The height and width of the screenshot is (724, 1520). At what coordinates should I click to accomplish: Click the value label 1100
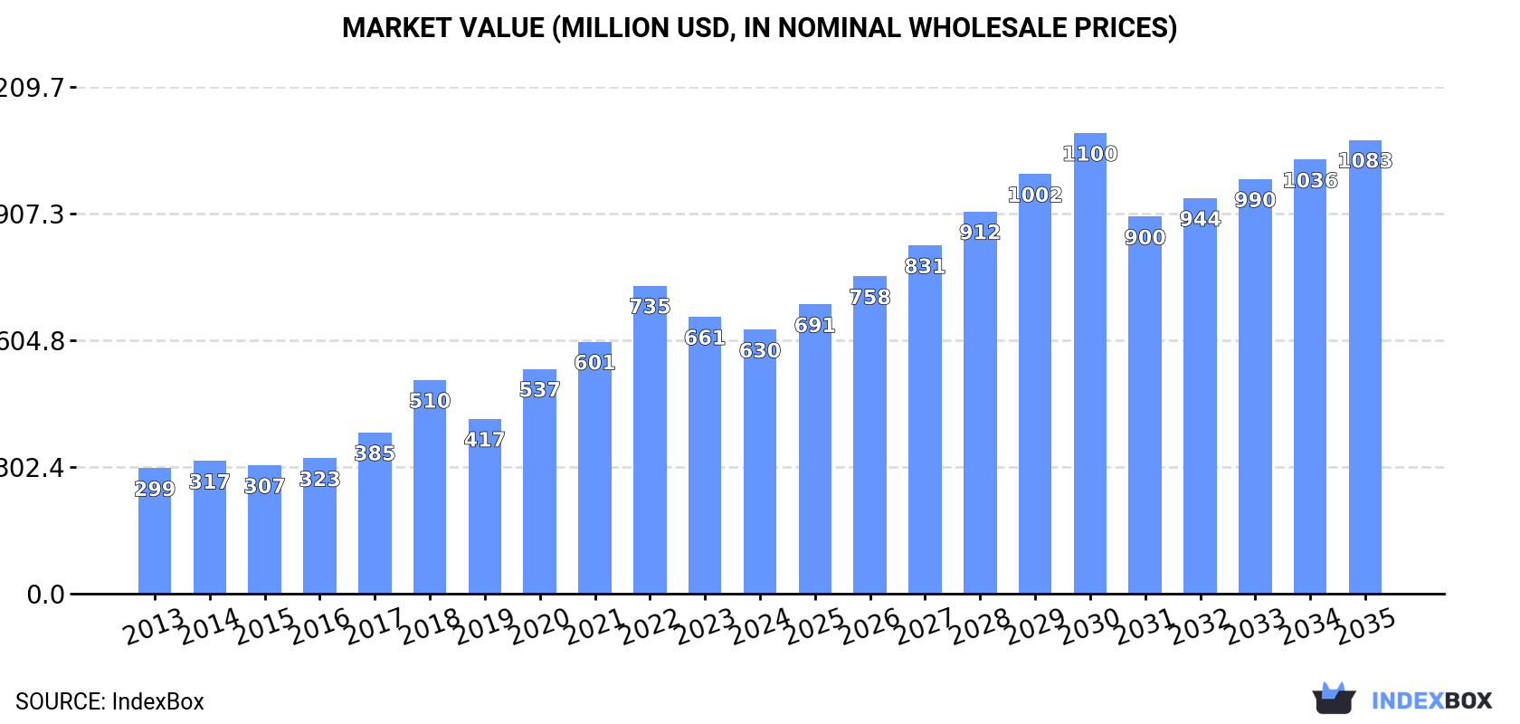tap(1090, 154)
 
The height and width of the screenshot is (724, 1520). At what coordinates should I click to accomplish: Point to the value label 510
tap(430, 401)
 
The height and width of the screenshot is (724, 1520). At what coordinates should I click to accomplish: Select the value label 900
tap(1145, 237)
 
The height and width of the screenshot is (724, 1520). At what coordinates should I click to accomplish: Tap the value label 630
tap(760, 350)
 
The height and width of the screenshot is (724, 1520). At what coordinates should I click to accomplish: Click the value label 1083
tap(1365, 160)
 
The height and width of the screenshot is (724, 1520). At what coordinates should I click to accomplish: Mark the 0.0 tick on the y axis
tap(45, 595)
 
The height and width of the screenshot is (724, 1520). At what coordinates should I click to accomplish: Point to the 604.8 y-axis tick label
tap(33, 341)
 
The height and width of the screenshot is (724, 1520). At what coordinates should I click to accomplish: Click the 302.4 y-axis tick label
tap(33, 468)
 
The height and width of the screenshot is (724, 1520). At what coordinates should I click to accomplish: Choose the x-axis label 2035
tap(1366, 626)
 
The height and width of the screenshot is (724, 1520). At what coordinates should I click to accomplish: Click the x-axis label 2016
tap(320, 626)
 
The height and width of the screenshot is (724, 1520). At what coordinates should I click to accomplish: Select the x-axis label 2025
tap(815, 626)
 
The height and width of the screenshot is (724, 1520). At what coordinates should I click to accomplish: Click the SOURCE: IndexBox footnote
tap(109, 701)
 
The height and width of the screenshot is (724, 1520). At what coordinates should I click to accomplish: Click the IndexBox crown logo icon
tap(1334, 699)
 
